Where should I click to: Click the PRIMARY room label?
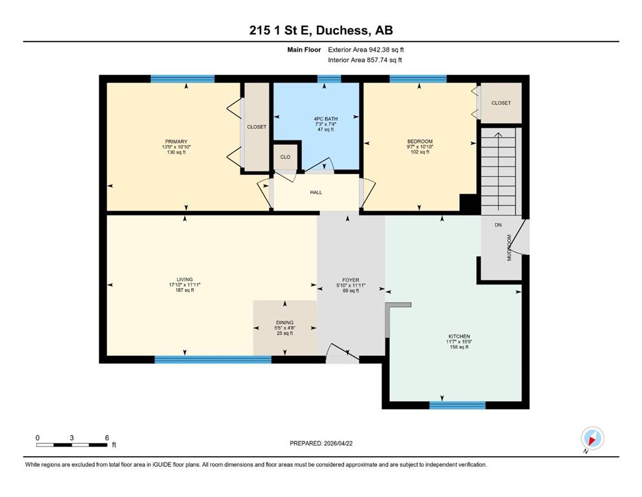tap(176, 142)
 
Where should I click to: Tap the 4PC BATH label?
tap(325, 119)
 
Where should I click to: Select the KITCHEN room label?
tap(459, 337)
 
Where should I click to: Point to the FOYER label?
tap(351, 280)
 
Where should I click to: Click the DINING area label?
tap(284, 322)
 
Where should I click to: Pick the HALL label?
tap(316, 192)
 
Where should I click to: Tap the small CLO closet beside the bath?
tap(285, 157)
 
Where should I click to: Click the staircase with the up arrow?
tap(498, 171)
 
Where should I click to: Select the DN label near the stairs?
tap(498, 225)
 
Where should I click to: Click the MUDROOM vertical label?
tap(509, 247)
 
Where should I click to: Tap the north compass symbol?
tap(592, 438)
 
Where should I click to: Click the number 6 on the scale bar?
tap(107, 437)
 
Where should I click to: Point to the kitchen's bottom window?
tap(457, 405)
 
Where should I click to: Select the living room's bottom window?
tap(213, 360)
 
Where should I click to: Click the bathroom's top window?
tap(329, 79)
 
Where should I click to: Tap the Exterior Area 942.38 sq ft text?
tap(366, 50)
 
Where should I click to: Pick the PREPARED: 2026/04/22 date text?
tap(321, 443)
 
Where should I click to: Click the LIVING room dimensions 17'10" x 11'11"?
tap(185, 285)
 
